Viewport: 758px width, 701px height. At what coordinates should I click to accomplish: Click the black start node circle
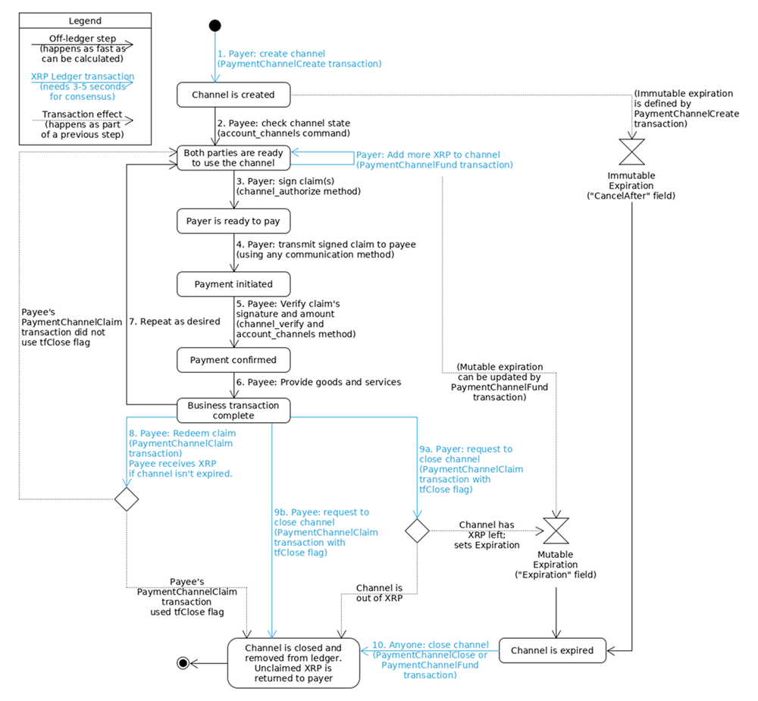tap(215, 26)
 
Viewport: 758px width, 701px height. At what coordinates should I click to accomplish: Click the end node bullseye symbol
tap(182, 663)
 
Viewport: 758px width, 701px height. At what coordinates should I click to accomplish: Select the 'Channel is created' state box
tap(233, 95)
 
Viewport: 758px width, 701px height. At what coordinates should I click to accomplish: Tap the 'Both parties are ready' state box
tap(233, 158)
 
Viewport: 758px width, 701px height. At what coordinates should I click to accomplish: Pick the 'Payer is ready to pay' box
tap(233, 221)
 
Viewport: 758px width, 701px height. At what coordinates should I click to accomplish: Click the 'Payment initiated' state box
tap(233, 284)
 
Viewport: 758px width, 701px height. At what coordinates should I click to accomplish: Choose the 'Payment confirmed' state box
tap(233, 359)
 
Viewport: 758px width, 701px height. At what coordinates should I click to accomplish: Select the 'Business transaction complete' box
tap(233, 410)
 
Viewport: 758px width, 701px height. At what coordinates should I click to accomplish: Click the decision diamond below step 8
tap(126, 499)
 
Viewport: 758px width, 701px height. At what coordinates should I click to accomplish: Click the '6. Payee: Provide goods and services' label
tap(318, 382)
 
